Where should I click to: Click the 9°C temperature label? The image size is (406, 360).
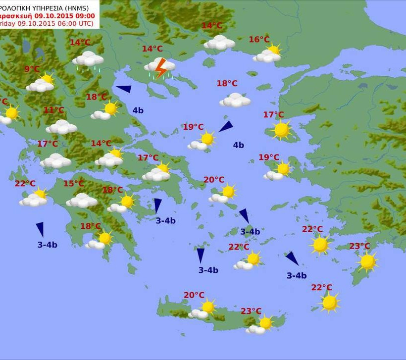[x=32, y=69]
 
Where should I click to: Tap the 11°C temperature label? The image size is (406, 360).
[x=54, y=110]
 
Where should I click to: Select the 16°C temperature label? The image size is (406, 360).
[x=259, y=40]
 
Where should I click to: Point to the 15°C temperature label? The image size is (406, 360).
[x=73, y=184]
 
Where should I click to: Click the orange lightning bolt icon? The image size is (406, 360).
[x=160, y=68]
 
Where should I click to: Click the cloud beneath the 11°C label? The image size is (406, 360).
[x=61, y=127]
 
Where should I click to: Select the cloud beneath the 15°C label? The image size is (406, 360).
[x=82, y=201]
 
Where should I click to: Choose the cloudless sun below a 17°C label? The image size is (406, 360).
[x=281, y=130]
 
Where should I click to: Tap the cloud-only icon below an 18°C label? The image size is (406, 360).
[x=235, y=101]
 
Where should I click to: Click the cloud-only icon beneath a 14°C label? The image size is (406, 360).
[x=219, y=43]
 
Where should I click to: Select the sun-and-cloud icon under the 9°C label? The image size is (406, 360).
[x=41, y=84]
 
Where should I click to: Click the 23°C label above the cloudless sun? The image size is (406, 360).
[x=359, y=247]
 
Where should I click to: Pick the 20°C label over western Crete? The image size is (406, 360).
[x=194, y=295]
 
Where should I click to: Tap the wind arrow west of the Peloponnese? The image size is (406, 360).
[x=40, y=229]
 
